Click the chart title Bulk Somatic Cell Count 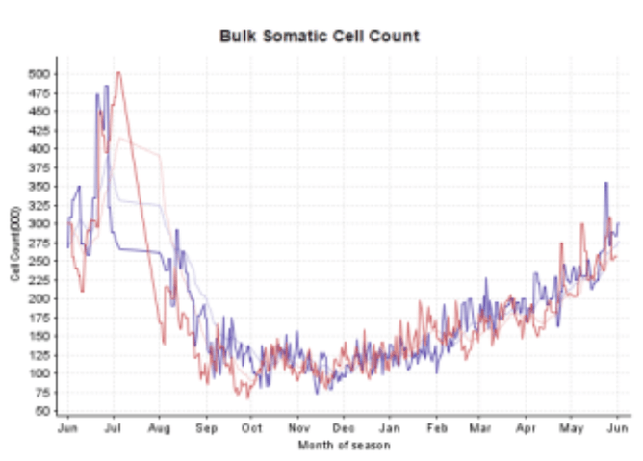point(320,37)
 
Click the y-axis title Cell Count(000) point(14,243)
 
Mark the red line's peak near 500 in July point(118,72)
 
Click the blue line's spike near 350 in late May point(605,183)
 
